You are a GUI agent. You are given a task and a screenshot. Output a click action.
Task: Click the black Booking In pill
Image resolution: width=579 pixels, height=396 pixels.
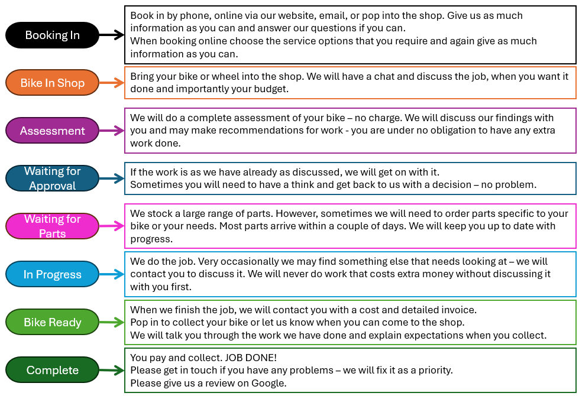click(52, 35)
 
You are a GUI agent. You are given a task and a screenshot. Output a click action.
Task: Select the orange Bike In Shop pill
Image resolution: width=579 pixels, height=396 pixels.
click(52, 83)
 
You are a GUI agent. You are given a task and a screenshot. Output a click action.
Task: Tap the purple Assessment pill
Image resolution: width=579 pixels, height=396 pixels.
click(52, 131)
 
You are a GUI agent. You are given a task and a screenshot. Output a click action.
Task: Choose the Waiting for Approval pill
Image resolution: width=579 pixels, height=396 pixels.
click(52, 178)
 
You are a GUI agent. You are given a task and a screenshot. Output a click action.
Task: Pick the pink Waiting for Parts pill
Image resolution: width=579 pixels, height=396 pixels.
click(52, 226)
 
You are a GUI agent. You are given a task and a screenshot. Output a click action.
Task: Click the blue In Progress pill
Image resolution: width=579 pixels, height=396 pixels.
click(52, 274)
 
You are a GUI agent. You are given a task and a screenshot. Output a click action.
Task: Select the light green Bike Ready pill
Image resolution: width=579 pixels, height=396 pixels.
click(52, 322)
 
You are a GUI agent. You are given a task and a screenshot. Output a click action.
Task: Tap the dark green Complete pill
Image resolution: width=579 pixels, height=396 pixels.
click(52, 370)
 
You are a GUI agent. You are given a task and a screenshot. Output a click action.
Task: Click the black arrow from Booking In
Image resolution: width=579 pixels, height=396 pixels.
click(111, 35)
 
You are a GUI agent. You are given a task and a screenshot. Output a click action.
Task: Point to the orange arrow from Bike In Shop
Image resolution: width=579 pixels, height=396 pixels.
click(111, 83)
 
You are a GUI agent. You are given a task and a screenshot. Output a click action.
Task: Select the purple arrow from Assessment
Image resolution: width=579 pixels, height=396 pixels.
click(111, 131)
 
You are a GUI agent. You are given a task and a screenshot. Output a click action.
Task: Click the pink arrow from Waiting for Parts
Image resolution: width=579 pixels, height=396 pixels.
click(111, 226)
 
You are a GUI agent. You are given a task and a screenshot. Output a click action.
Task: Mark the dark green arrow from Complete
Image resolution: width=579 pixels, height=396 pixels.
click(111, 370)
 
